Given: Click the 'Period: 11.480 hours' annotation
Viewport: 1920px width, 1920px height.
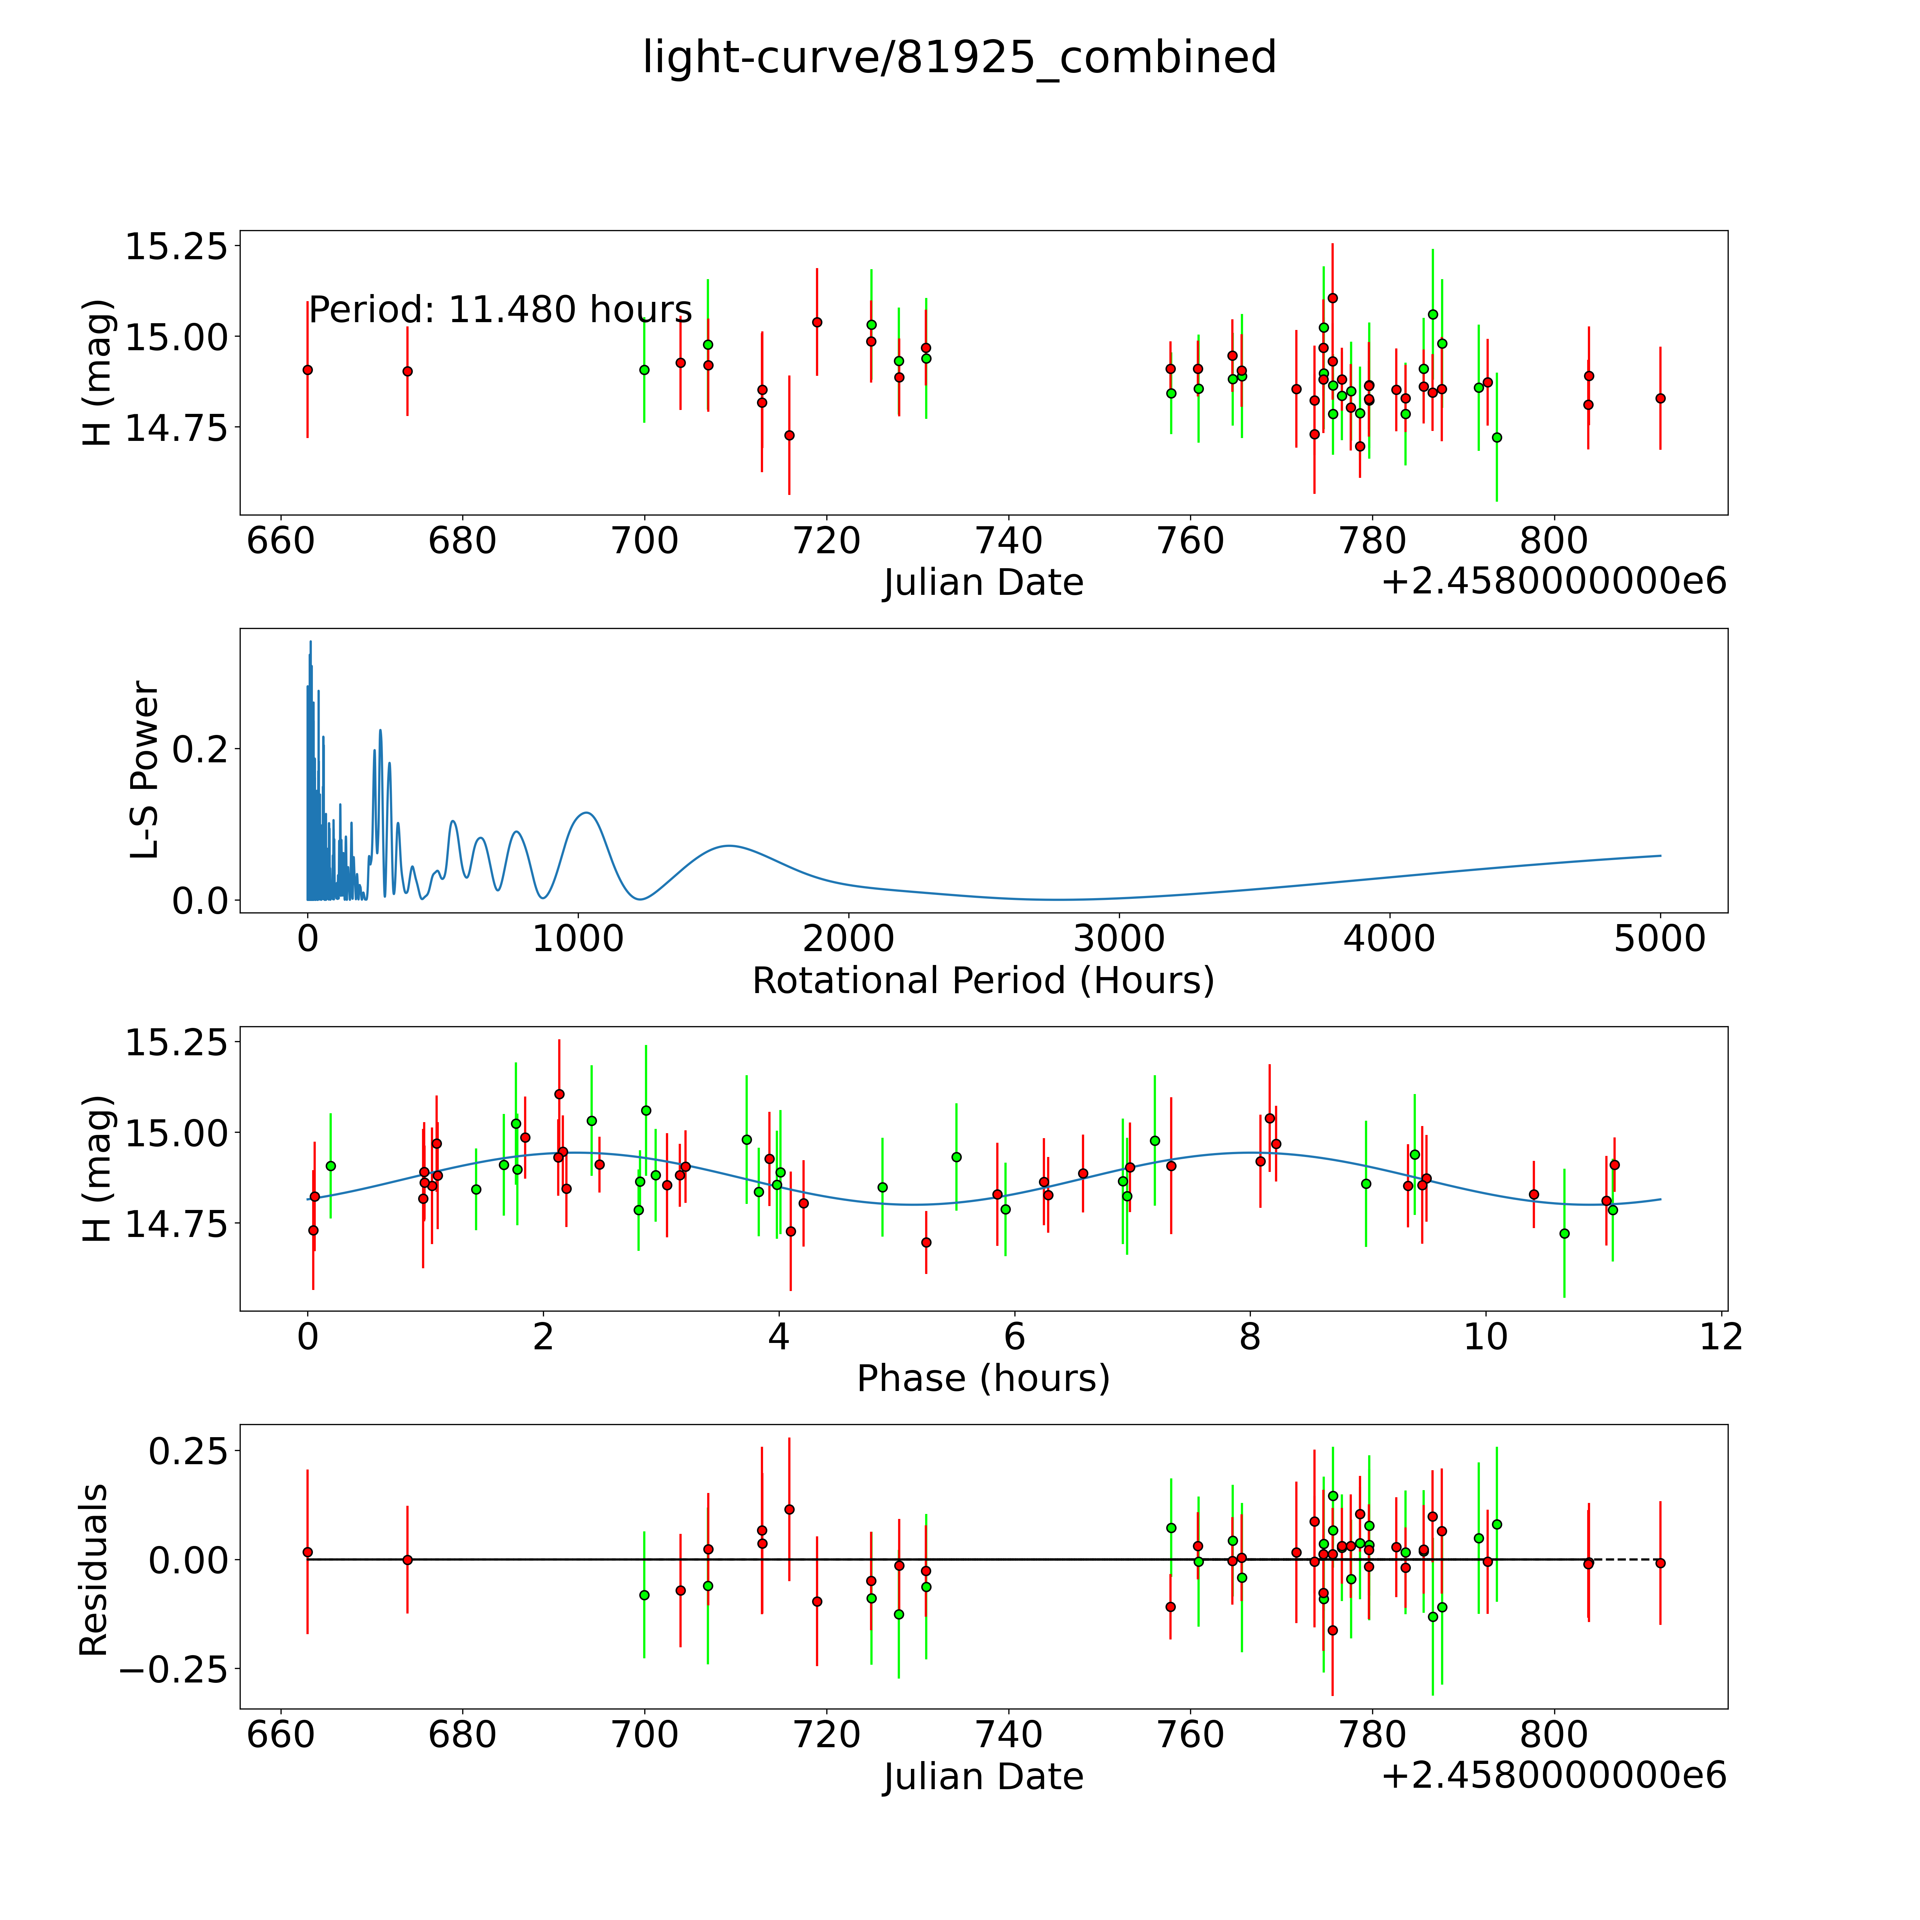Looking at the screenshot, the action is click(500, 310).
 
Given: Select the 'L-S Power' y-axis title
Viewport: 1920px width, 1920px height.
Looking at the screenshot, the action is click(145, 770).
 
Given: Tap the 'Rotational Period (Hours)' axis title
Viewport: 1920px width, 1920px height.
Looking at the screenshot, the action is click(983, 981).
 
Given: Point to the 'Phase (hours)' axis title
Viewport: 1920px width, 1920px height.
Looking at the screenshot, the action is click(983, 1378).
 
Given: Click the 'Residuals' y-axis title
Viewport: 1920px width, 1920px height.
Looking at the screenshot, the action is click(94, 1570).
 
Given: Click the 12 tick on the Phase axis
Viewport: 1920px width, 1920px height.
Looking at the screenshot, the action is click(1721, 1337).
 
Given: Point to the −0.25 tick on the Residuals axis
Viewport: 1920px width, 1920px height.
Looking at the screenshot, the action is click(174, 1669).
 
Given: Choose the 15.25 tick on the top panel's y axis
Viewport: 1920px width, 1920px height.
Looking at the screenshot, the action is click(175, 245).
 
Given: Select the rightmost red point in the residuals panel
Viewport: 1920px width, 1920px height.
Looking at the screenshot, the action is click(1660, 1563).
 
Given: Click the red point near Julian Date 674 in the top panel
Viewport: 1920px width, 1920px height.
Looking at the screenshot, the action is click(406, 371).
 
